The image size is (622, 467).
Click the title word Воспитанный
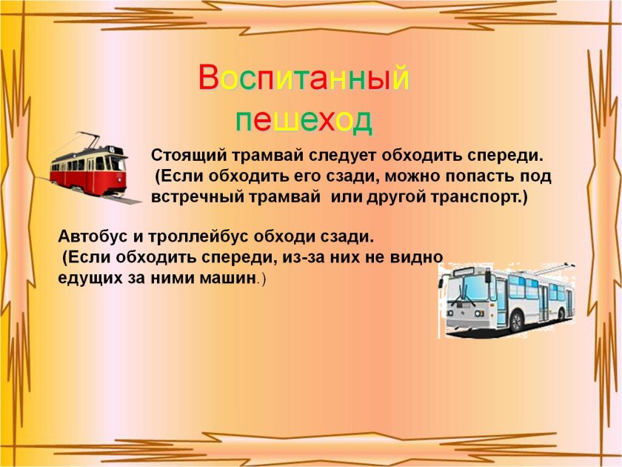tap(304, 76)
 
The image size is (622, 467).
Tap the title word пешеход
tap(304, 119)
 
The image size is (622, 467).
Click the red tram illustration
tap(92, 167)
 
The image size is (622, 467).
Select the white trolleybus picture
tap(506, 301)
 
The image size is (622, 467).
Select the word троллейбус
tap(198, 237)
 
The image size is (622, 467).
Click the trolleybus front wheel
tap(516, 321)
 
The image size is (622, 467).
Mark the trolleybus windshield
tap(467, 288)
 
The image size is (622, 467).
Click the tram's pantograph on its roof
tap(87, 140)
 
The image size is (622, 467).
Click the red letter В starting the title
tap(208, 77)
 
